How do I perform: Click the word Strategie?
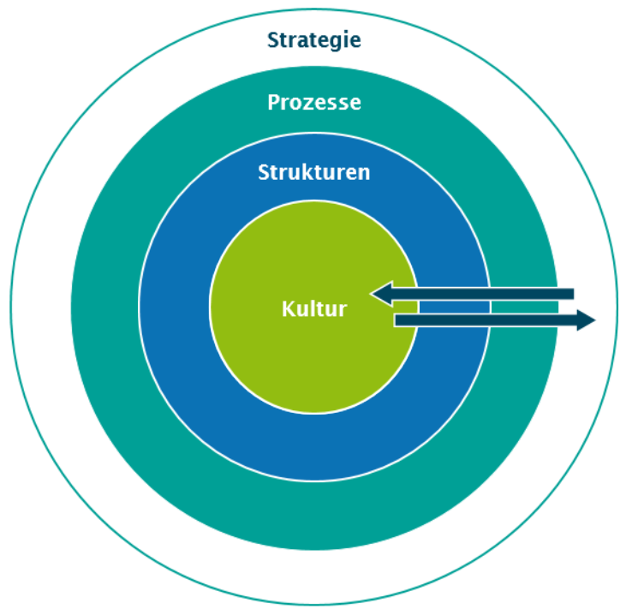[313, 40]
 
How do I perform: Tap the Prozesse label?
[313, 103]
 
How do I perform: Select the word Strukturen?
[313, 172]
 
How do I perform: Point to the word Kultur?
[313, 309]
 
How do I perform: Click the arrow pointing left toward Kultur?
[472, 295]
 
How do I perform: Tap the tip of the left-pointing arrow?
[373, 295]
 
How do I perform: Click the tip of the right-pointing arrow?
[593, 321]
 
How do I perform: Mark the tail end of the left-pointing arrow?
[572, 295]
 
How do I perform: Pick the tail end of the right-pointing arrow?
[396, 321]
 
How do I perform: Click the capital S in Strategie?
[273, 40]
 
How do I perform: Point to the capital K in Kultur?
[287, 309]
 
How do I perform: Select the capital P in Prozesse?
[273, 103]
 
